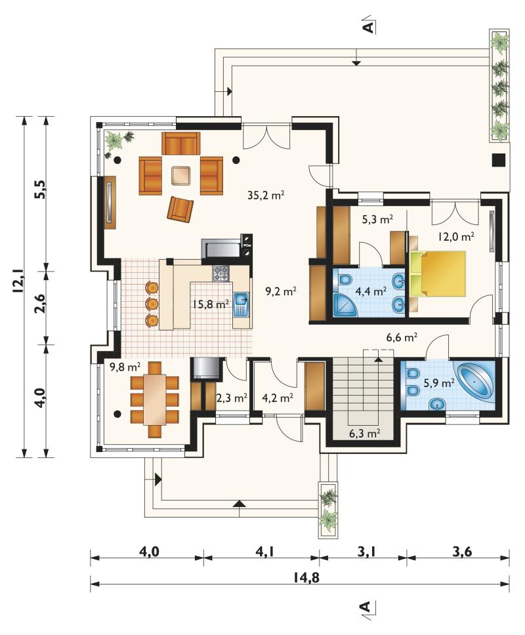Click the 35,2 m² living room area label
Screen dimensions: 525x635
[266, 195]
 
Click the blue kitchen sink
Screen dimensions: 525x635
[241, 305]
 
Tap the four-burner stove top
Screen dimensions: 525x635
[221, 274]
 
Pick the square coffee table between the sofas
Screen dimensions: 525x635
[180, 176]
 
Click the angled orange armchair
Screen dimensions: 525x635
[180, 209]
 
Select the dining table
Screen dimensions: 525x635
[155, 399]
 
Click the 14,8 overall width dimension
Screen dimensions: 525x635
[306, 577]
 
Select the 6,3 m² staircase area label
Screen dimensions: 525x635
[365, 434]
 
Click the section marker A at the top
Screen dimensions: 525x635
[367, 27]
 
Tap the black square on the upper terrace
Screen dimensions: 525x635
[499, 159]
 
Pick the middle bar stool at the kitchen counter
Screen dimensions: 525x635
[152, 303]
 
